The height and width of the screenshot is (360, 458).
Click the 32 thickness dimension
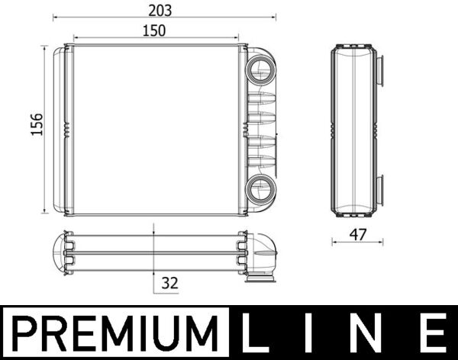coord(169,282)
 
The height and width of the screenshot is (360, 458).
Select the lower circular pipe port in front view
coord(261,187)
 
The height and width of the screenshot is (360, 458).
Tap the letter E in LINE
coord(429,333)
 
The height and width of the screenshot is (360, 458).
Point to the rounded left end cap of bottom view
coord(58,252)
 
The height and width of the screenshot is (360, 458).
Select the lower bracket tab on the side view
coord(379,186)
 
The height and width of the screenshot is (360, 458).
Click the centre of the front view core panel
coord(155,130)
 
